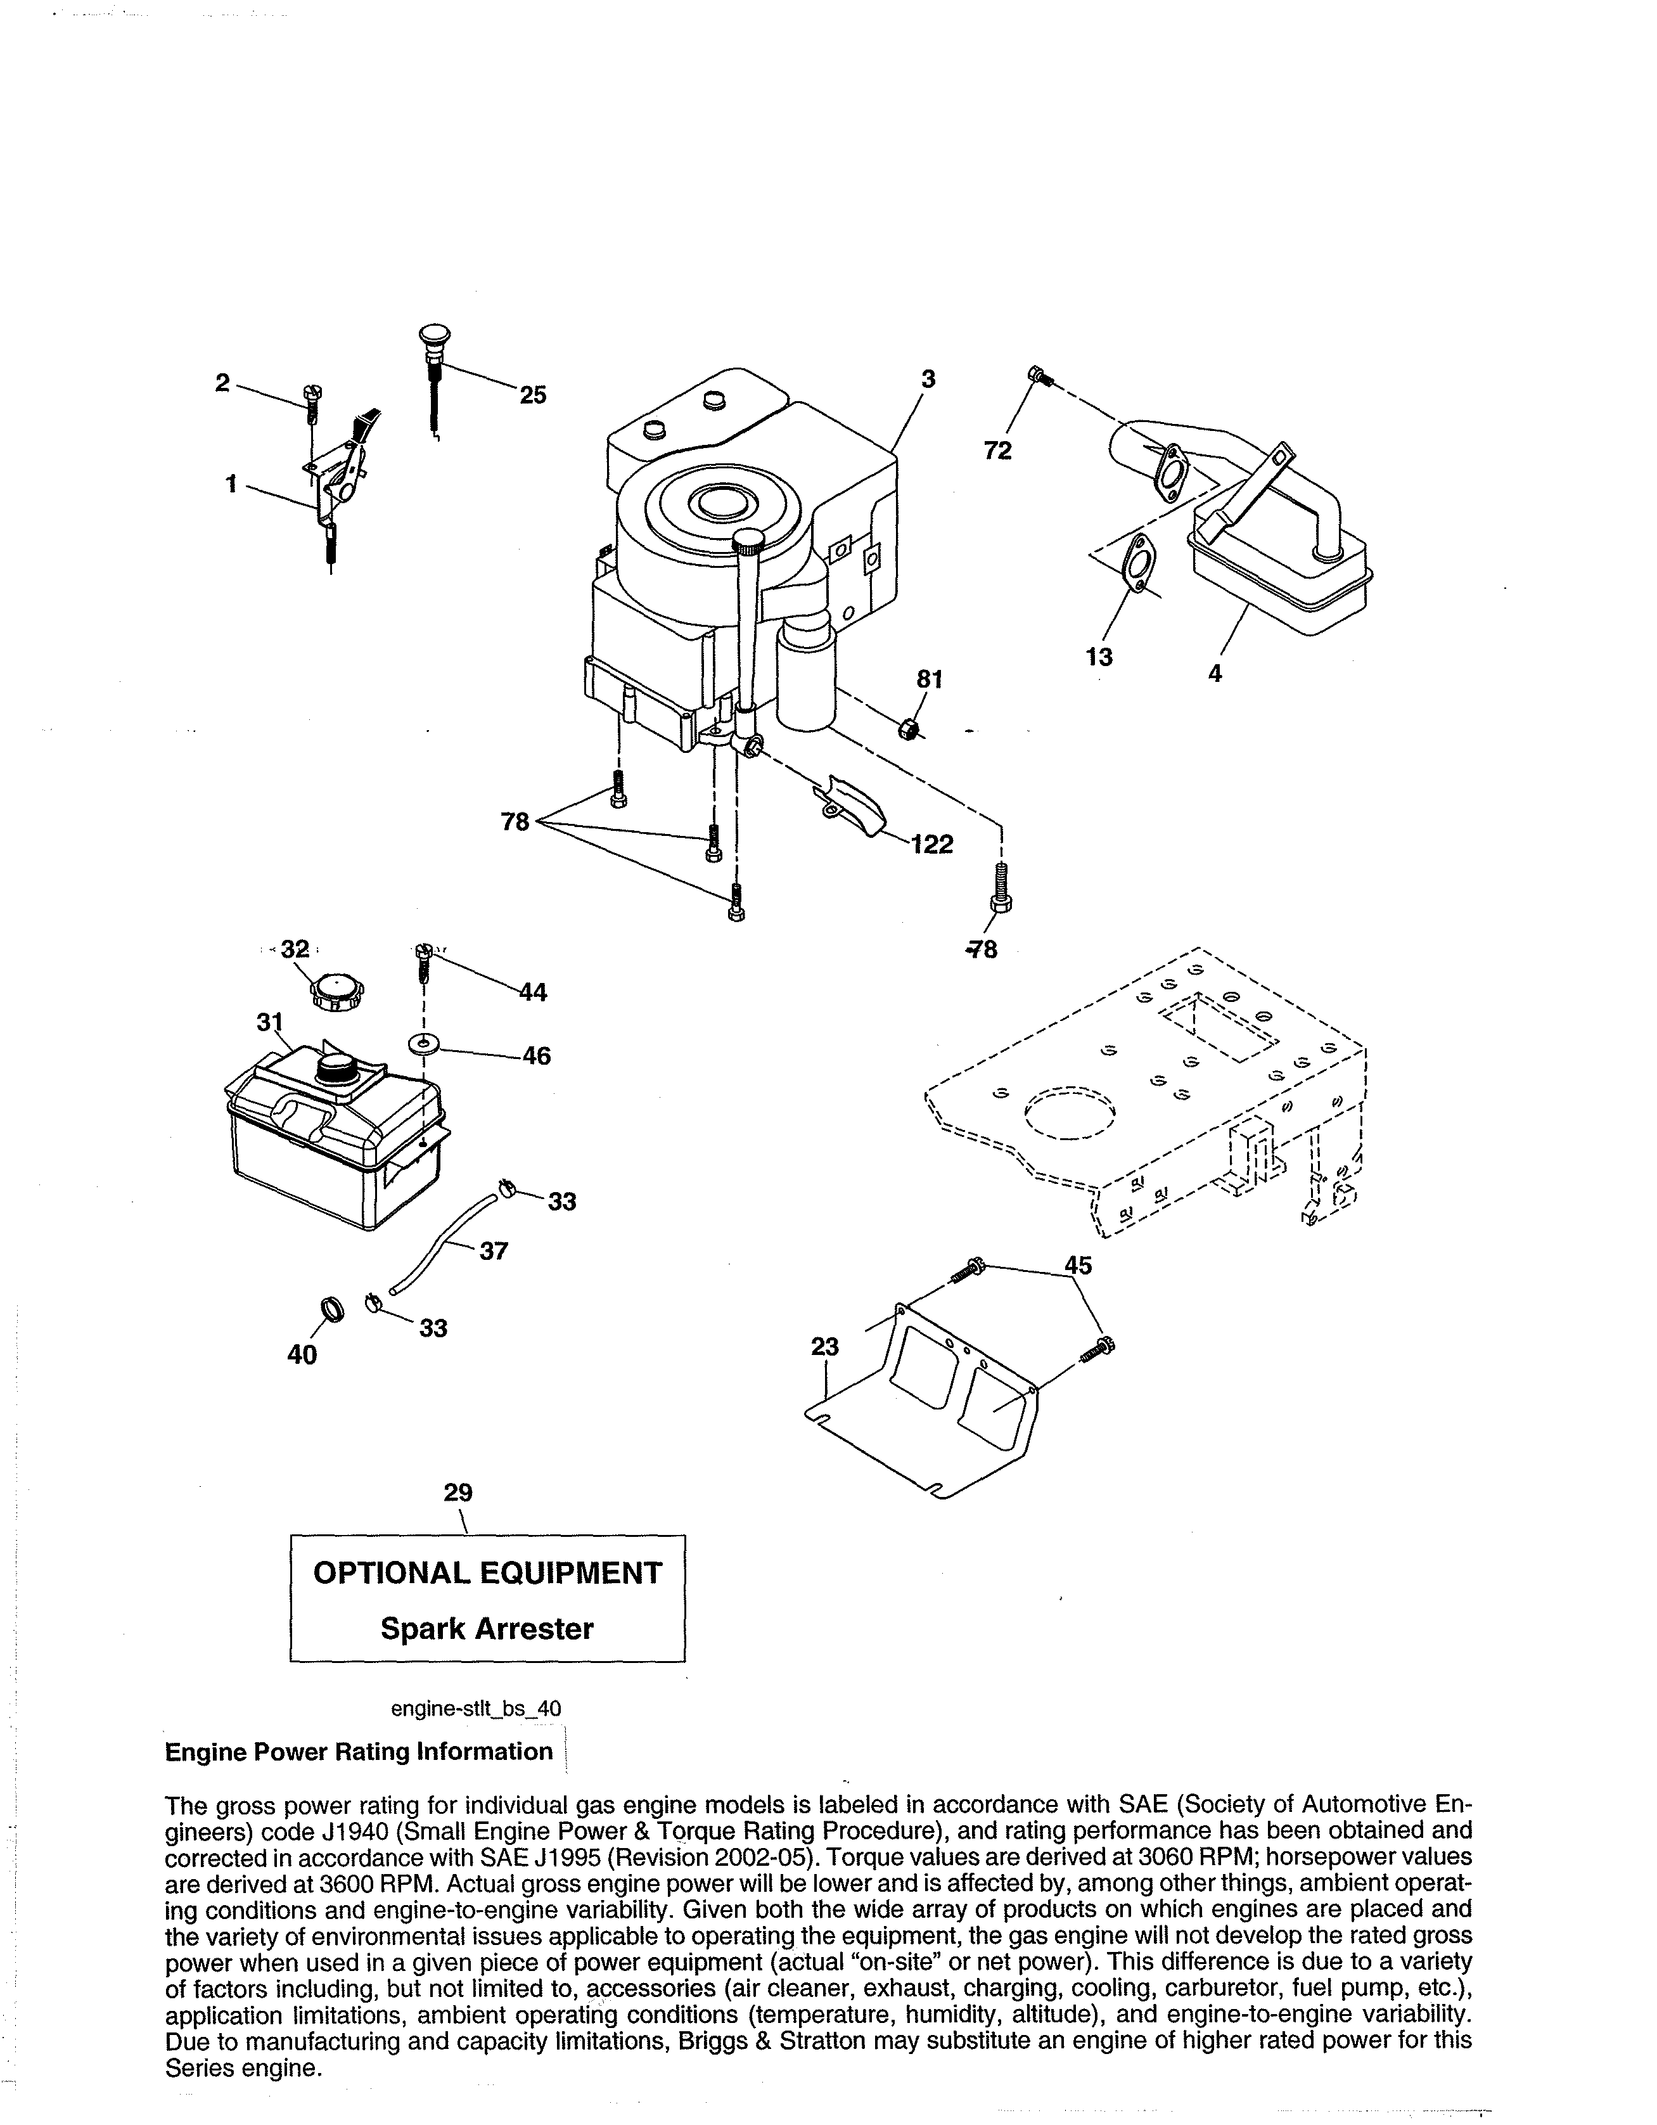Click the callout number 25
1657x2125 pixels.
point(532,394)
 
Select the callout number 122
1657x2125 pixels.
point(931,845)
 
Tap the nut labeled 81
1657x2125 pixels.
point(908,726)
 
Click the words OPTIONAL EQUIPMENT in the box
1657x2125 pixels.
point(487,1574)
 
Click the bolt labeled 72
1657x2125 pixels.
point(1038,374)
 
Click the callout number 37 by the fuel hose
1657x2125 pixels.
point(494,1251)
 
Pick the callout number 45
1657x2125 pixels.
point(1078,1265)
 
